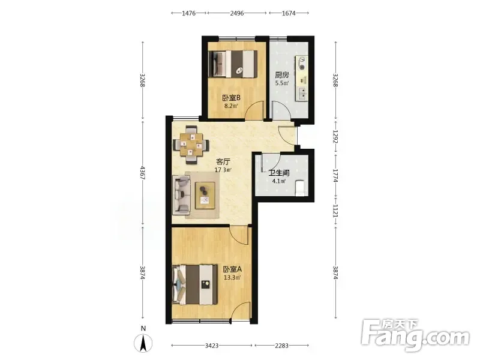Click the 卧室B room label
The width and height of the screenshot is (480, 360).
click(231, 98)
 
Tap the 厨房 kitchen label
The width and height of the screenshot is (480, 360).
click(281, 74)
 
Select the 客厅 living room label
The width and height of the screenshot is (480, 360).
click(223, 161)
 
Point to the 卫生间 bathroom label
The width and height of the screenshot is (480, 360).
click(279, 173)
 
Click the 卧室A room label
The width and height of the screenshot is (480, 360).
click(232, 269)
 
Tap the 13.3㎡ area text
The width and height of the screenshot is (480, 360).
click(232, 278)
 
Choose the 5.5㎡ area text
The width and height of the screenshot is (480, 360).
click(281, 83)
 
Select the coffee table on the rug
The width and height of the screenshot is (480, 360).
click(205, 196)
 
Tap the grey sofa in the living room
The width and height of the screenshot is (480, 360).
click(182, 194)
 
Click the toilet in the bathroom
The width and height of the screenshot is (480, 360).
click(301, 188)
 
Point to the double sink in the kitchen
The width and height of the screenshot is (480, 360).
click(302, 94)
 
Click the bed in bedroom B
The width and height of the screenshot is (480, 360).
click(233, 64)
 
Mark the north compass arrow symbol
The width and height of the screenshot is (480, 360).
click(143, 343)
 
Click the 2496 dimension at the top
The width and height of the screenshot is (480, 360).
click(237, 13)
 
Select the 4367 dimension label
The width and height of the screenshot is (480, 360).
click(143, 173)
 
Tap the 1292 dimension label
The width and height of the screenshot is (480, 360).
click(336, 137)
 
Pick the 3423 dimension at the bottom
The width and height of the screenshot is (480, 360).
click(212, 346)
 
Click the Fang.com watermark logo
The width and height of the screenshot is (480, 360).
click(415, 335)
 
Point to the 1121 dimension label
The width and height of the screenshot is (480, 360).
click(336, 211)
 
